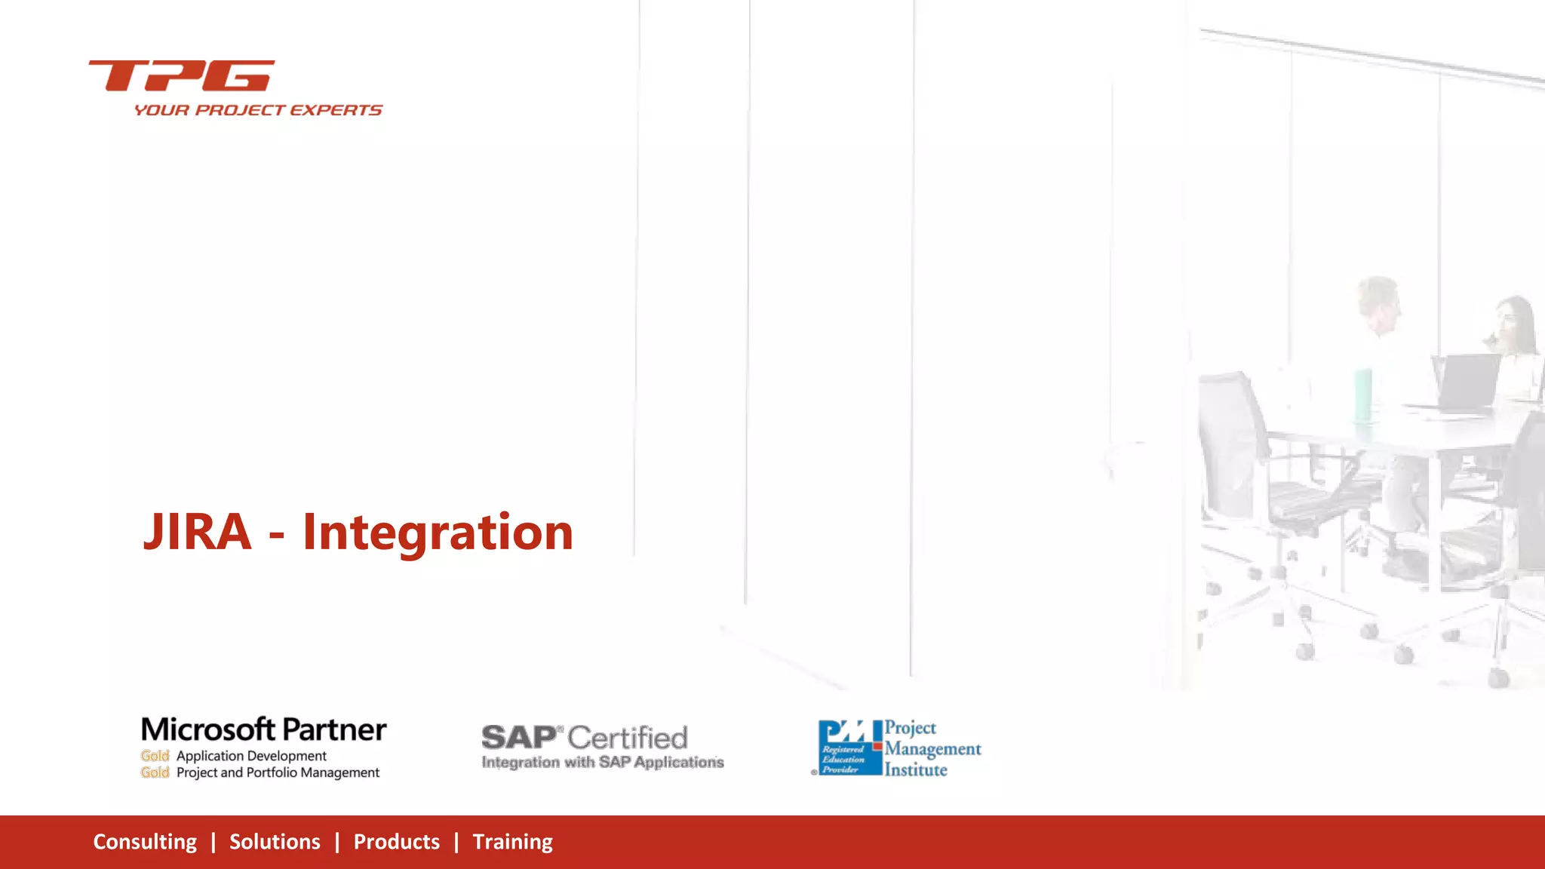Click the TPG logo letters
pyautogui.click(x=182, y=75)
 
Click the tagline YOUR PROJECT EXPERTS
pyautogui.click(x=258, y=110)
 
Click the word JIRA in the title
pyautogui.click(x=197, y=532)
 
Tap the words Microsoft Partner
pyautogui.click(x=263, y=729)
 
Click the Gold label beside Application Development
pyautogui.click(x=155, y=756)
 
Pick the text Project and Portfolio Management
pyautogui.click(x=278, y=772)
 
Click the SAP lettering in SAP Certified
pyautogui.click(x=519, y=737)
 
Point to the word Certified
pyautogui.click(x=628, y=737)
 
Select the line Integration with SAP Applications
pyautogui.click(x=602, y=763)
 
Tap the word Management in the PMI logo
pyautogui.click(x=932, y=749)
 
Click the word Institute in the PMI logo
pyautogui.click(x=916, y=770)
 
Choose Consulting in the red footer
pyautogui.click(x=145, y=842)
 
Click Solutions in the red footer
pyautogui.click(x=275, y=842)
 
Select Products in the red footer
pyautogui.click(x=396, y=842)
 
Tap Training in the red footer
pyautogui.click(x=512, y=842)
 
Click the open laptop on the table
pyautogui.click(x=1467, y=382)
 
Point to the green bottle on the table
pyautogui.click(x=1362, y=394)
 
